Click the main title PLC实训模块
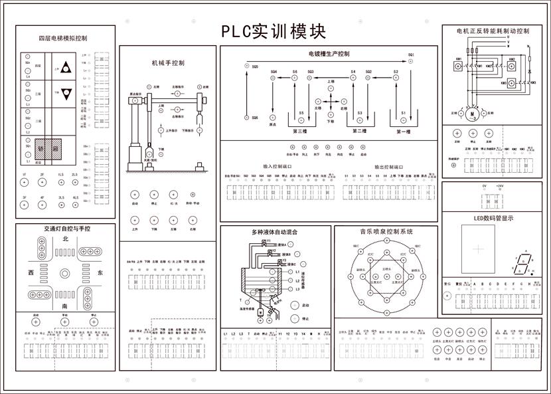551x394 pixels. [x=274, y=32]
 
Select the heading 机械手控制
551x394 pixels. [x=168, y=63]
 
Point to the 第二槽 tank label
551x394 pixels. [x=359, y=132]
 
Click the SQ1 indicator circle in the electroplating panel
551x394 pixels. [x=411, y=60]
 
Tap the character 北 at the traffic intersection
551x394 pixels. [x=65, y=239]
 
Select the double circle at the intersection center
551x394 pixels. [x=65, y=273]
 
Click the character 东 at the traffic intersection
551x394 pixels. [x=100, y=273]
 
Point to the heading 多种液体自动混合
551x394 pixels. [x=275, y=233]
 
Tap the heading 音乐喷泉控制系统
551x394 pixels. [x=386, y=233]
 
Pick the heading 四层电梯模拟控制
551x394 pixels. [x=63, y=39]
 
